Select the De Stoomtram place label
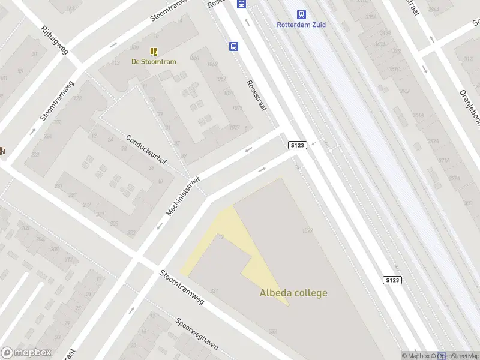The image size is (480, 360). (154, 61)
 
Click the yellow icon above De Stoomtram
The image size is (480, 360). (154, 51)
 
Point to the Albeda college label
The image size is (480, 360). (293, 293)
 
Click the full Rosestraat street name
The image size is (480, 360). (256, 95)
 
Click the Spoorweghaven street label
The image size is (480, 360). (197, 334)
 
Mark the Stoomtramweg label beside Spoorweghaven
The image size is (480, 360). (181, 287)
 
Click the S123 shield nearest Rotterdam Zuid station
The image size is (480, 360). (298, 145)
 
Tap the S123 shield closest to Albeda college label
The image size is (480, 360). (392, 280)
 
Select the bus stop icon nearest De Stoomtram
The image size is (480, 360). (233, 46)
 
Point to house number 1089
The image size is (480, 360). (308, 230)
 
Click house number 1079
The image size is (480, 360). (236, 109)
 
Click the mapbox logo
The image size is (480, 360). (26, 353)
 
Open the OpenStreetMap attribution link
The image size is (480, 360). (459, 356)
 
